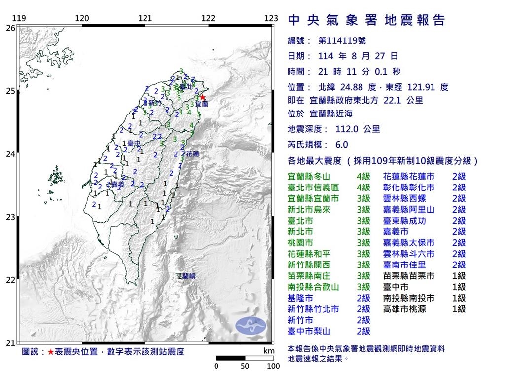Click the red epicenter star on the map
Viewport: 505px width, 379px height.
(x=202, y=98)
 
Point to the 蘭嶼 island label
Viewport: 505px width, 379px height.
(x=188, y=276)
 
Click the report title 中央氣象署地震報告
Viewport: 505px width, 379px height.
(x=366, y=20)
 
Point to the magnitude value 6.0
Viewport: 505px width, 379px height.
(x=341, y=145)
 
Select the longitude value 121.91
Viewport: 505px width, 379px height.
(x=421, y=87)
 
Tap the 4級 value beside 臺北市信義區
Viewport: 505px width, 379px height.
(x=363, y=188)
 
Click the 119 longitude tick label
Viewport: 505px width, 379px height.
(x=19, y=18)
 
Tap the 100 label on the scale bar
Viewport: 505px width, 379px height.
(x=273, y=366)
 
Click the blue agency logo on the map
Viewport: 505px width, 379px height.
(x=250, y=325)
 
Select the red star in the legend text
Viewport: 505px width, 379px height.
(x=50, y=352)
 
